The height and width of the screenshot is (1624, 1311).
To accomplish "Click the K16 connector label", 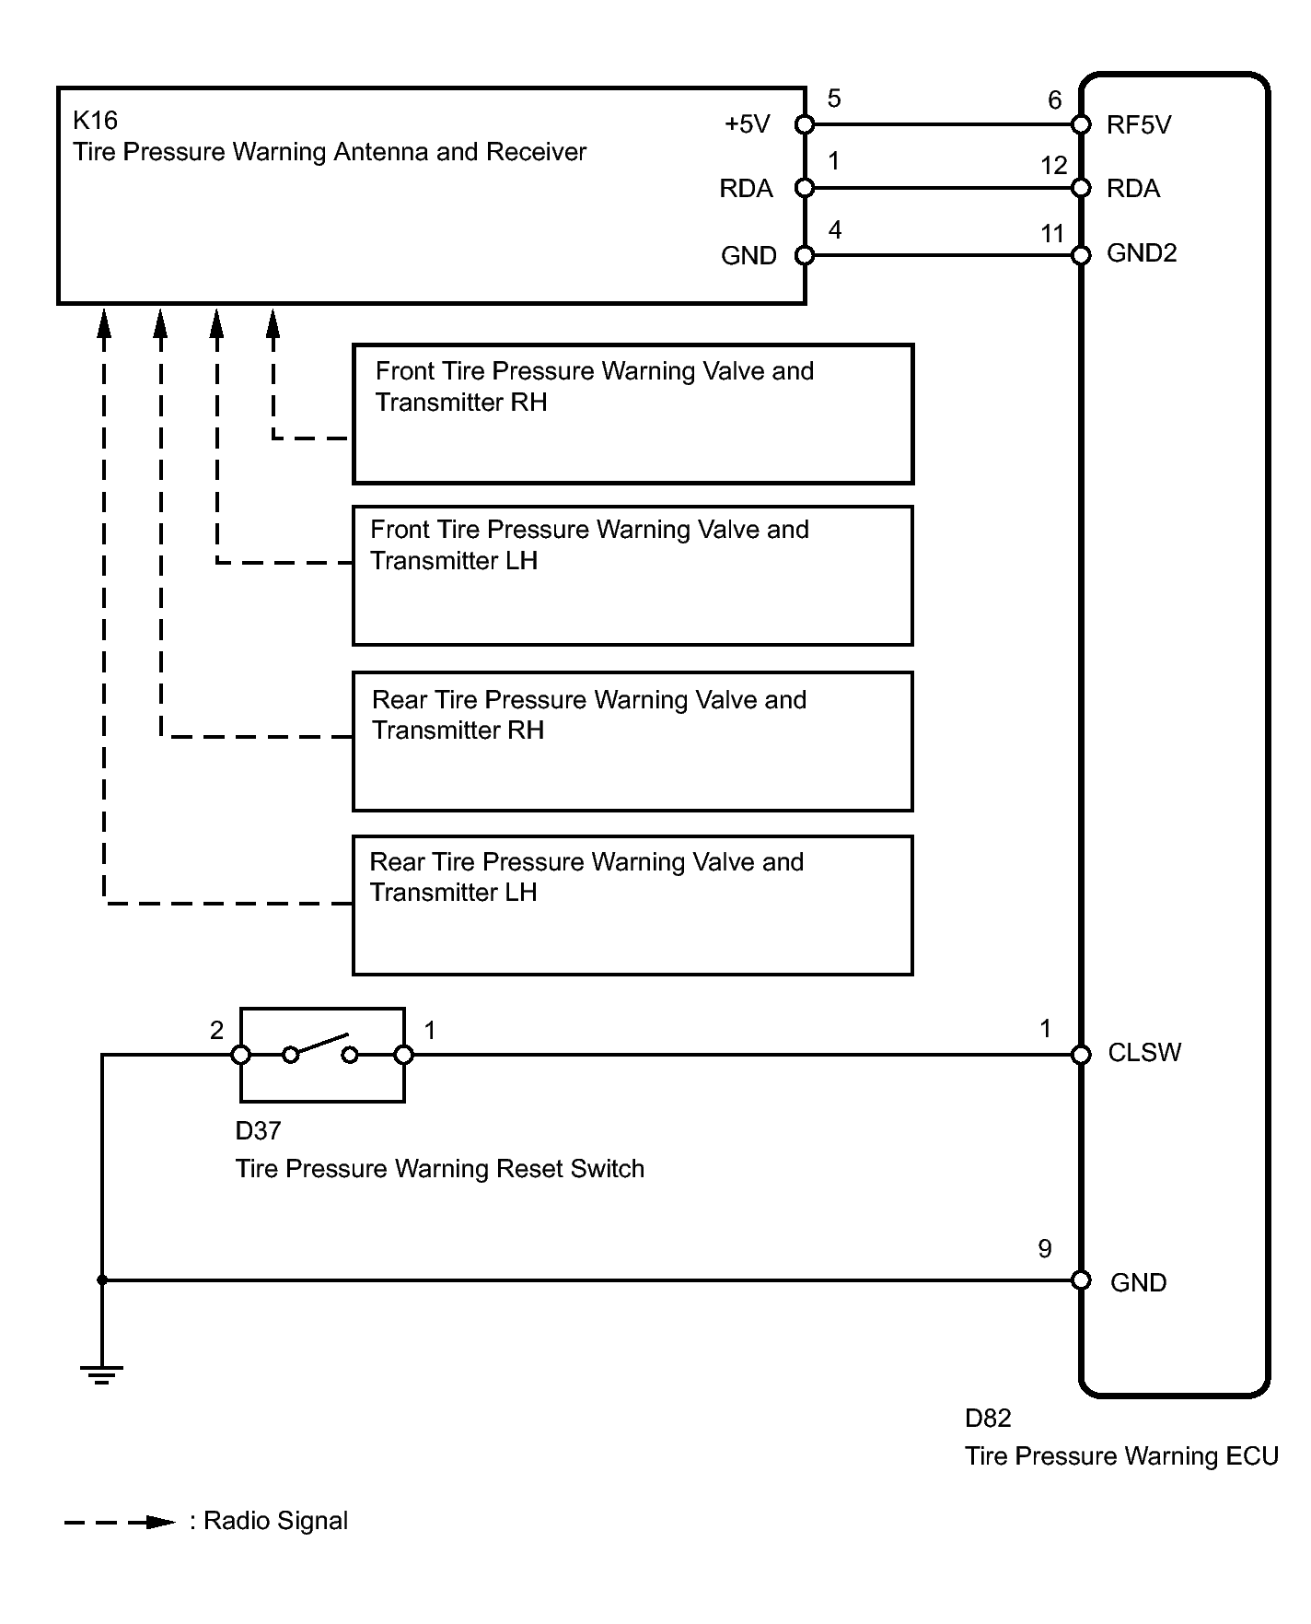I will (x=95, y=121).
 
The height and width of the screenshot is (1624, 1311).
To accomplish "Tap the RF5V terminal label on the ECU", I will (x=1139, y=125).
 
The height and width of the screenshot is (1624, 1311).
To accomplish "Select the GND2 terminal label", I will (x=1142, y=253).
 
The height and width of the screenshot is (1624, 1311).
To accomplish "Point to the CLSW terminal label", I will (x=1144, y=1053).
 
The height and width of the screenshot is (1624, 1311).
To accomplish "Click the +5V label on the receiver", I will (x=747, y=124).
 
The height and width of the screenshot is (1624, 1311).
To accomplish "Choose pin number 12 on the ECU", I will (x=1053, y=166).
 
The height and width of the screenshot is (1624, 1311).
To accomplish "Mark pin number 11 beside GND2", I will (x=1052, y=234).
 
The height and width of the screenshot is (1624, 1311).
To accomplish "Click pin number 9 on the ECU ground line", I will (x=1045, y=1249).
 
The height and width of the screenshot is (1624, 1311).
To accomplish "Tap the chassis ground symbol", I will (x=101, y=1375).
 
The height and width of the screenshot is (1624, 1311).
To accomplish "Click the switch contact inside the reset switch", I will (x=320, y=1048).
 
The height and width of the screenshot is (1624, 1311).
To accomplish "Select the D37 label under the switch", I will (x=258, y=1131).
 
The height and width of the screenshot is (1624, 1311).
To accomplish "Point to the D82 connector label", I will (x=988, y=1419).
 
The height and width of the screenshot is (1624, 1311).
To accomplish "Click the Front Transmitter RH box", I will (x=632, y=415).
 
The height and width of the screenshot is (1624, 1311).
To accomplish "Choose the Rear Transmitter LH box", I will (x=632, y=905).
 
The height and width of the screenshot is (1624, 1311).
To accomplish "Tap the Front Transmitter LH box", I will (x=632, y=576).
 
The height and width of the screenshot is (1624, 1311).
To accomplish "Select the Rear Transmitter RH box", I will (x=632, y=742).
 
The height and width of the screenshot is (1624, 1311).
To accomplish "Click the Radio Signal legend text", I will (x=275, y=1521).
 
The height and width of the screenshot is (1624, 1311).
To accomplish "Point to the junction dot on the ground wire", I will (x=102, y=1280).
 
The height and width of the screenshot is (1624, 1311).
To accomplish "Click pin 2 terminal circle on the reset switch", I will (x=241, y=1055).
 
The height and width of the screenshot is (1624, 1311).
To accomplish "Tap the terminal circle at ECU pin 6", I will (x=1082, y=124).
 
